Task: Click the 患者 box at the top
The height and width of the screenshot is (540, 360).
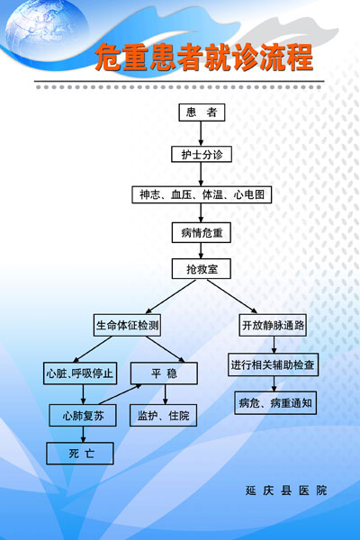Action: coord(202,112)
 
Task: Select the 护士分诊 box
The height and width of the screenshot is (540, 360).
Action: coord(202,154)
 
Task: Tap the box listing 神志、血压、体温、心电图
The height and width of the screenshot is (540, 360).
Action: coord(202,194)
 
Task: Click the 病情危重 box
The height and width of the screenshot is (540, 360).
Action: coord(202,233)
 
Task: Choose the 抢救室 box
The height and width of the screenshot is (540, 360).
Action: coord(202,269)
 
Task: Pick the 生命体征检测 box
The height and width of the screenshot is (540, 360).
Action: coord(128,325)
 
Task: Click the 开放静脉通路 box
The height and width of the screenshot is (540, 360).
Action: coord(273,325)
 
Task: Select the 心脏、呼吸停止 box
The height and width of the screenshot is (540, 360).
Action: coord(80,373)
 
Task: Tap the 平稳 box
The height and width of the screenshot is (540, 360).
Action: coord(164,373)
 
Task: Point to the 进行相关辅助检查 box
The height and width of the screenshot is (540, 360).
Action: coord(273,364)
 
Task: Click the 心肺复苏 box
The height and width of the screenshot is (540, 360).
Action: coord(83,415)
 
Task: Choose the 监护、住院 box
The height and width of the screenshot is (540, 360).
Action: coord(163,415)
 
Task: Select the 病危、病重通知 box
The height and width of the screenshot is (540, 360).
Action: coord(275,402)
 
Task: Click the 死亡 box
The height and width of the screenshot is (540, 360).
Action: coord(80,454)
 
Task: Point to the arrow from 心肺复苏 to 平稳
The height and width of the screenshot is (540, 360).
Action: coord(120,395)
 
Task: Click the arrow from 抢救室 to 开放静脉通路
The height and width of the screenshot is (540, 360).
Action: coord(232,296)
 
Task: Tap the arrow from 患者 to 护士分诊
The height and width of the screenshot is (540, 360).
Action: coord(202,133)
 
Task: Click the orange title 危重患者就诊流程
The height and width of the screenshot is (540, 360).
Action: coord(204,58)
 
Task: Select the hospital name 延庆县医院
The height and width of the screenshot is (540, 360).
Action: coord(286,490)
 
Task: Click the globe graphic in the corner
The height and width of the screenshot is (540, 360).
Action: coord(47,30)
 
